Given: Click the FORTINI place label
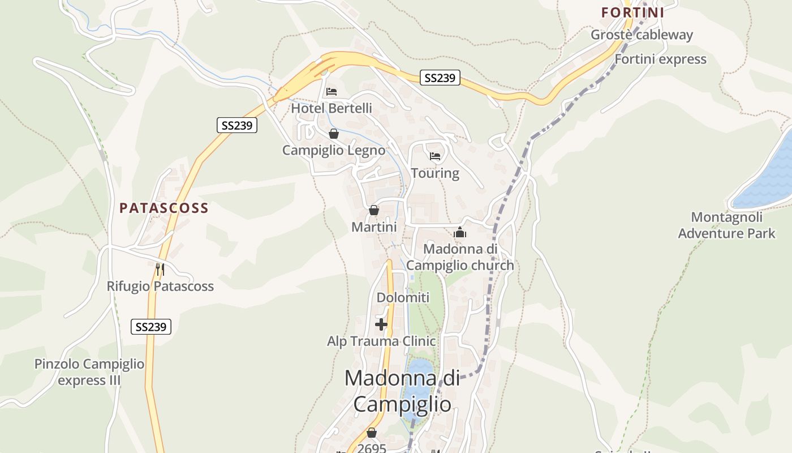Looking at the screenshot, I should (632, 12).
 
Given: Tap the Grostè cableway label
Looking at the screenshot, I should (642, 35).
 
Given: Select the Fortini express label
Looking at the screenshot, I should (660, 59).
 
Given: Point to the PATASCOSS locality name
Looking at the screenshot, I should (164, 208).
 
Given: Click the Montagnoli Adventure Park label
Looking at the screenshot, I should (726, 225).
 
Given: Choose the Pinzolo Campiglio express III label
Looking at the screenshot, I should (89, 372).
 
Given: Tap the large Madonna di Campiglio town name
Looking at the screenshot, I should (402, 391).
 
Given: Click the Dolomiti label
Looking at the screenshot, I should (403, 298).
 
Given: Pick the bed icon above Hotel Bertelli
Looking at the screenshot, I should (332, 92).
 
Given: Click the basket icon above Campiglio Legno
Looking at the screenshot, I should (334, 134).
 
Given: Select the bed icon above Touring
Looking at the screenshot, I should (435, 156).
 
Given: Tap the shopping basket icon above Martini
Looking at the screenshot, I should (373, 210).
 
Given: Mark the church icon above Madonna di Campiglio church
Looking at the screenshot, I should (460, 232).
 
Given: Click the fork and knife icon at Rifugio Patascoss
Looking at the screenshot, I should (160, 269).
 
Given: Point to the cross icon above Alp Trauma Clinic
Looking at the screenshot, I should (381, 324).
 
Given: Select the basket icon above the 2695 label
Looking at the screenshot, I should (372, 433).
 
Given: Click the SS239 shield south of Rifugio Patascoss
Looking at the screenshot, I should (151, 327).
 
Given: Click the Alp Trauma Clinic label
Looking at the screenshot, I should (381, 341).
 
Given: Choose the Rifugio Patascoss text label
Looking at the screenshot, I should (160, 287).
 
